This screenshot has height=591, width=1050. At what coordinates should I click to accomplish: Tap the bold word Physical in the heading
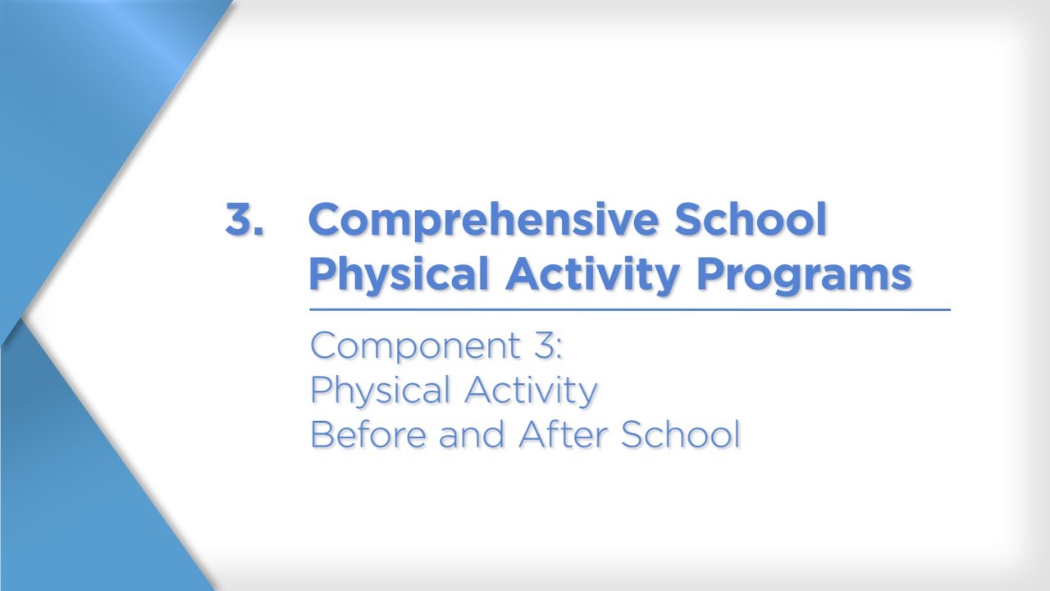(399, 273)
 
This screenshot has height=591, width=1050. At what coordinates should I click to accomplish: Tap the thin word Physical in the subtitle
(381, 391)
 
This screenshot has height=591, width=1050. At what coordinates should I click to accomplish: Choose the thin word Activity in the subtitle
(531, 391)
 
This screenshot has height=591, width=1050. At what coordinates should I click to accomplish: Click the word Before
(368, 434)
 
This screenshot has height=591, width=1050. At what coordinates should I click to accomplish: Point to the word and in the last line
(473, 434)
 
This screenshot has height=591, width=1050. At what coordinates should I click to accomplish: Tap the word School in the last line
(680, 434)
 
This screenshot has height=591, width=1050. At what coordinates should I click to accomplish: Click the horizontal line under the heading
(629, 310)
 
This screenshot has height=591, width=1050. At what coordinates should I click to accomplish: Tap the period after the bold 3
(259, 233)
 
